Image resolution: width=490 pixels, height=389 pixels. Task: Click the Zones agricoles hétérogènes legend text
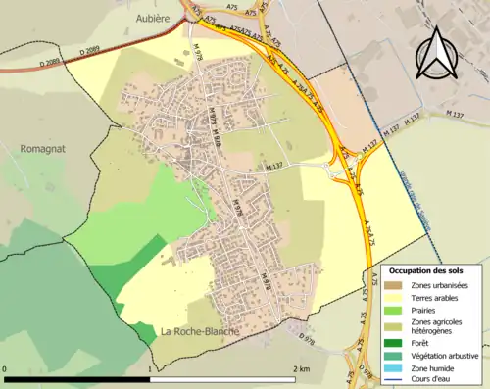(437, 325)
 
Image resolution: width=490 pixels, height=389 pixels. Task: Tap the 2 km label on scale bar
(301, 368)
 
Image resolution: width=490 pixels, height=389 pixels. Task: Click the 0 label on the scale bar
(6, 368)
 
